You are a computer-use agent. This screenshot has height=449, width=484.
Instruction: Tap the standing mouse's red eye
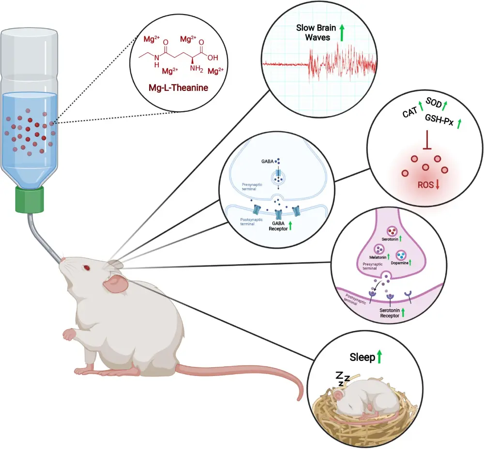87,267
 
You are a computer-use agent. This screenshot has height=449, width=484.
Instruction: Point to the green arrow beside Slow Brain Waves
342,33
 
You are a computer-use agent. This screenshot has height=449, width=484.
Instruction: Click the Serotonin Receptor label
390,312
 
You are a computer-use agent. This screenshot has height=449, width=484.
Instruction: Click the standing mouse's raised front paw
69,333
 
